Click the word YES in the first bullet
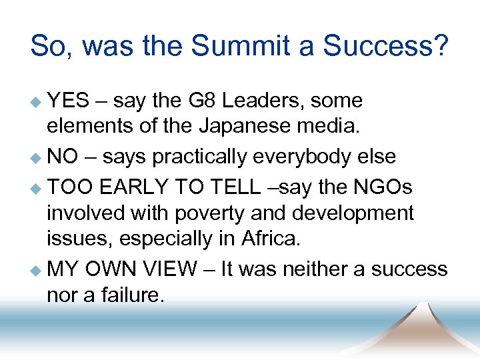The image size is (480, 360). tap(69, 101)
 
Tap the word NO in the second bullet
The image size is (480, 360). tap(63, 157)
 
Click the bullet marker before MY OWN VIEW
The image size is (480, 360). tap(36, 270)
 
